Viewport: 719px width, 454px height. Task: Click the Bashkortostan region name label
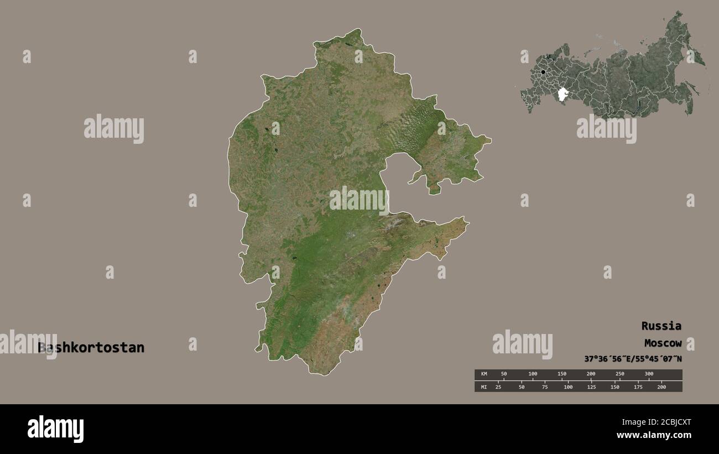pyautogui.click(x=91, y=348)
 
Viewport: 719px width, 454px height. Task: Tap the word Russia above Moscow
pyautogui.click(x=661, y=326)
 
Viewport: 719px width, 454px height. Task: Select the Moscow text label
pyautogui.click(x=663, y=343)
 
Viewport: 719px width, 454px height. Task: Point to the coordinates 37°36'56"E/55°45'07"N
pyautogui.click(x=633, y=359)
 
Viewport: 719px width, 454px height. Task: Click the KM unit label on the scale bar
pyautogui.click(x=484, y=374)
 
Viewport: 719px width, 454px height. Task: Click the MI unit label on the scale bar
pyautogui.click(x=484, y=387)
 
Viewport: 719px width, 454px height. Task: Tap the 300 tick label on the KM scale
pyautogui.click(x=649, y=374)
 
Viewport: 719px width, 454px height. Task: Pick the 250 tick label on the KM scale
pyautogui.click(x=620, y=374)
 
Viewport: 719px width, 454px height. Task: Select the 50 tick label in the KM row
pyautogui.click(x=503, y=374)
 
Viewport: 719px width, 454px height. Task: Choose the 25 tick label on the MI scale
pyautogui.click(x=498, y=387)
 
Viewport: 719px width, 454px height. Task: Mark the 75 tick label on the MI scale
pyautogui.click(x=545, y=387)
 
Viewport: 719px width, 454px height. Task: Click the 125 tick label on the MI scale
pyautogui.click(x=591, y=387)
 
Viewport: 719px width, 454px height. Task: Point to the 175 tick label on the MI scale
pyautogui.click(x=638, y=387)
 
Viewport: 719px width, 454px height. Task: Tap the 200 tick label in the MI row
pyautogui.click(x=661, y=387)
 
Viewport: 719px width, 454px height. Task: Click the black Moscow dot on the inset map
pyautogui.click(x=544, y=72)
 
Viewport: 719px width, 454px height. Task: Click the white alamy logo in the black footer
pyautogui.click(x=55, y=429)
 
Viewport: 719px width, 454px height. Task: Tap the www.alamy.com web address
pyautogui.click(x=654, y=435)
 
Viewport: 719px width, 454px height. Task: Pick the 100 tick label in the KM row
pyautogui.click(x=533, y=374)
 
